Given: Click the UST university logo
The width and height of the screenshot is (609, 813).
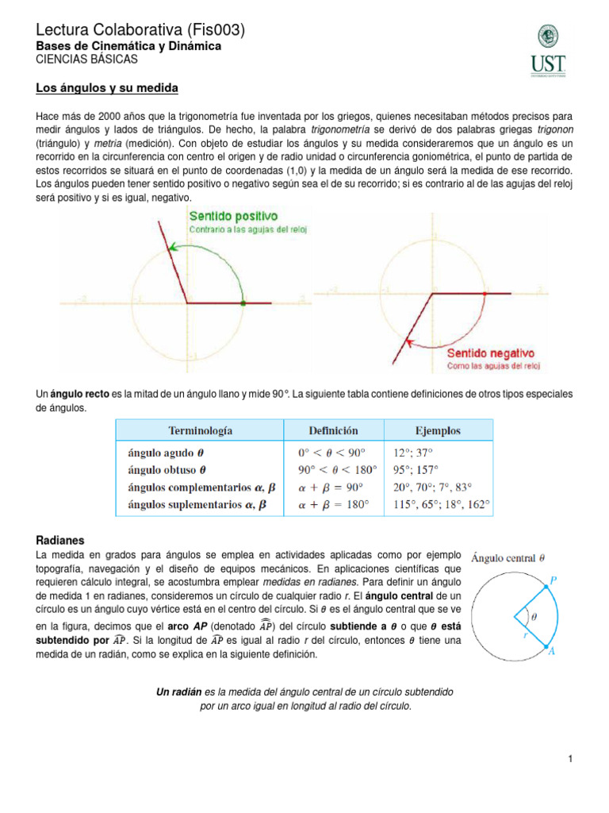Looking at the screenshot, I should [547, 48].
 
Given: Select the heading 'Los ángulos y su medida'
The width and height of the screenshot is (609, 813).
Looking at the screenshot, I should [108, 87].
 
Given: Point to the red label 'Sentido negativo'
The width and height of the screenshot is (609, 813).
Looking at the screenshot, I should [491, 353].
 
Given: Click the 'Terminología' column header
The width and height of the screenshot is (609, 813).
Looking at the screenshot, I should [200, 431].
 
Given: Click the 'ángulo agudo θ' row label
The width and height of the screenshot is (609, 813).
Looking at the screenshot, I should [171, 453].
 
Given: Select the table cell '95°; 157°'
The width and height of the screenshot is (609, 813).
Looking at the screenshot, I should [416, 469].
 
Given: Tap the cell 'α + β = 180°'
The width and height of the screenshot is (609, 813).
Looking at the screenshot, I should [327, 504].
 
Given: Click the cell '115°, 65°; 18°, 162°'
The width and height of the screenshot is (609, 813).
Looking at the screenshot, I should [442, 504].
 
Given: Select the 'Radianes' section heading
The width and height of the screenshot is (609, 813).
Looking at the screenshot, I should [60, 539].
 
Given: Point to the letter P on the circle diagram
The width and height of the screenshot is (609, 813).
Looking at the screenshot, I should [552, 580].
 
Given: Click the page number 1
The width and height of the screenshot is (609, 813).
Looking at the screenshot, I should [569, 761].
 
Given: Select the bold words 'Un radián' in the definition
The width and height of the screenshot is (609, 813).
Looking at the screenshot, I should [178, 692].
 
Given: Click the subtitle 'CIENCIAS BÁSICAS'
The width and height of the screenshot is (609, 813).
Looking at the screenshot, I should [87, 60].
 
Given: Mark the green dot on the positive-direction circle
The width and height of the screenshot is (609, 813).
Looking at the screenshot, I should [243, 303].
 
